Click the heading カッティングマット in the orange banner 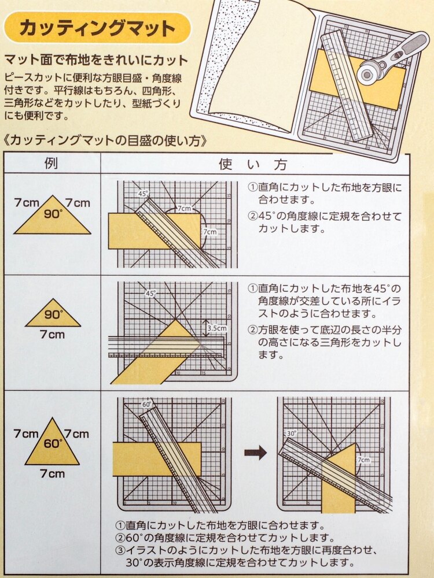pyautogui.click(x=97, y=28)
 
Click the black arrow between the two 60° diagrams pyautogui.click(x=255, y=453)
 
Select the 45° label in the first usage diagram pyautogui.click(x=143, y=193)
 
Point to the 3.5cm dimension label pyautogui.click(x=217, y=328)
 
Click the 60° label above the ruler pyautogui.click(x=147, y=405)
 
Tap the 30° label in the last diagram pyautogui.click(x=292, y=433)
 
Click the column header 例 pyautogui.click(x=51, y=163)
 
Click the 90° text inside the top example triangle pyautogui.click(x=53, y=213)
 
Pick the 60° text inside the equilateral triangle pyautogui.click(x=53, y=443)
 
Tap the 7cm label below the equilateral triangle pyautogui.click(x=53, y=473)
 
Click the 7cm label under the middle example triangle pyautogui.click(x=53, y=334)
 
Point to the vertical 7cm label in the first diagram pyautogui.click(x=210, y=232)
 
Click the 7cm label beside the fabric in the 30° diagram pyautogui.click(x=363, y=460)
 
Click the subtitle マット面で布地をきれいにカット pyautogui.click(x=96, y=60)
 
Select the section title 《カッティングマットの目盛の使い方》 pyautogui.click(x=105, y=140)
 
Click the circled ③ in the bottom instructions pyautogui.click(x=120, y=550)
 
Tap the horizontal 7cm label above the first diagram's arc pyautogui.click(x=184, y=208)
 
